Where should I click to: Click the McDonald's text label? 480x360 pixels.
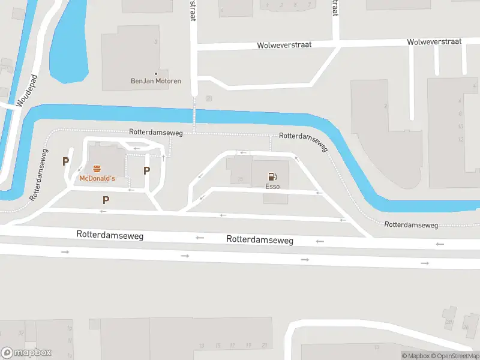coord(97,179)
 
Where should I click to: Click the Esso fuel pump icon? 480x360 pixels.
coord(272,176)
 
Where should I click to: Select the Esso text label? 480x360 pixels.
coord(273,187)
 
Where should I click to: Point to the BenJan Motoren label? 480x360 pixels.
coord(156,81)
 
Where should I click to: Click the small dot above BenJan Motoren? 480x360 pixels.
coord(156,73)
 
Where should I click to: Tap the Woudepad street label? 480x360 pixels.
coord(26,91)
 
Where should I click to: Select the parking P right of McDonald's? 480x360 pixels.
coord(146,170)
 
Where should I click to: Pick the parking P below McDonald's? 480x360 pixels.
coord(106,200)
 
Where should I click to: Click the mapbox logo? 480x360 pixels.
coord(26,353)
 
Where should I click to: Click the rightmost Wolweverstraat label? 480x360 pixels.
coord(433,42)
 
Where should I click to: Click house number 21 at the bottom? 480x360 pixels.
coord(264,346)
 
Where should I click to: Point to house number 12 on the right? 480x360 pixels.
coord(461,139)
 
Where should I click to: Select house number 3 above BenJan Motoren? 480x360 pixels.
coord(156,42)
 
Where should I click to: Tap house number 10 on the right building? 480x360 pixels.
coord(461,126)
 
